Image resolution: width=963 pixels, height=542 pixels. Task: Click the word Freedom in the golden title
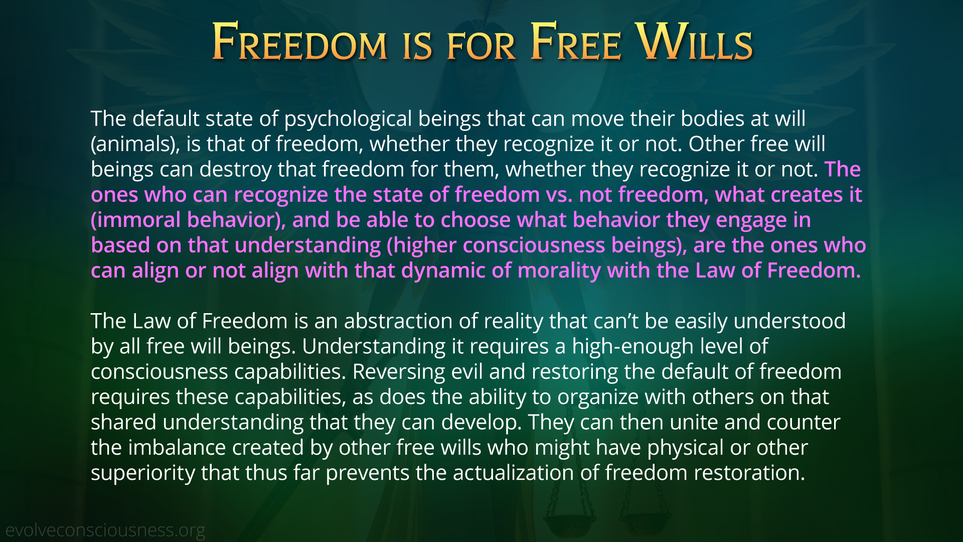click(300, 42)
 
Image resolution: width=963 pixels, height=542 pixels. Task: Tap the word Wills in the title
click(694, 42)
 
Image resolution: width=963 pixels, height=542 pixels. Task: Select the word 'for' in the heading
click(481, 47)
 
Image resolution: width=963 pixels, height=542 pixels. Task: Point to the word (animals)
click(135, 145)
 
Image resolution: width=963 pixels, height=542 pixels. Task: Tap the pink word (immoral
click(135, 220)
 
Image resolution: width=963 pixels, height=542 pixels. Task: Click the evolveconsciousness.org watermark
click(105, 530)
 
